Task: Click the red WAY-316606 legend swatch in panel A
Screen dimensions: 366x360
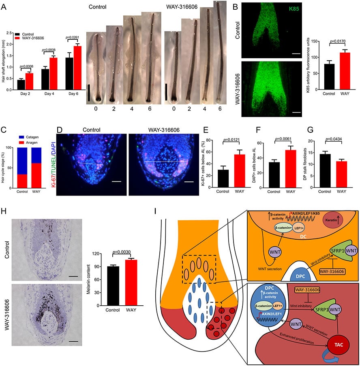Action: [17, 37]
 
